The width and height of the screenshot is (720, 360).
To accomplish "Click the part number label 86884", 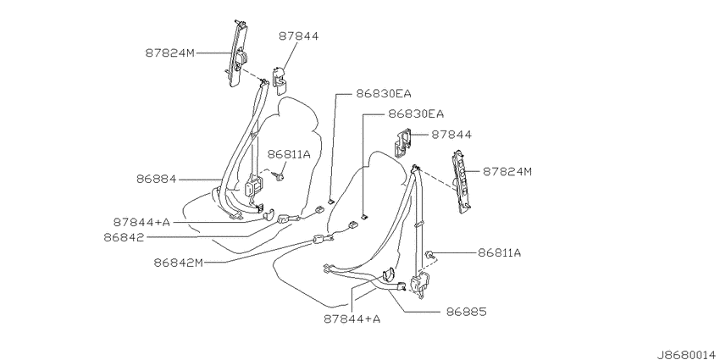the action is [156, 179].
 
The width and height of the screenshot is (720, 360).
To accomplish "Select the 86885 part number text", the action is [466, 312].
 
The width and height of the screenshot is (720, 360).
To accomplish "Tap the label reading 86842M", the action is [178, 263].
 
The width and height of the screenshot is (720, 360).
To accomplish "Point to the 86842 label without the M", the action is [124, 237].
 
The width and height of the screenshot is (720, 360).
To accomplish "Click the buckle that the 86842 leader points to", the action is [285, 219].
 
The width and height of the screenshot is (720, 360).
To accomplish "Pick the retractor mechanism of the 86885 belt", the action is [421, 282].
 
